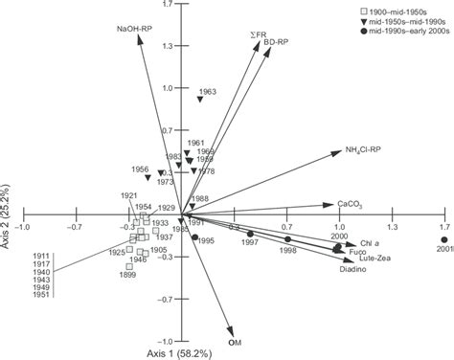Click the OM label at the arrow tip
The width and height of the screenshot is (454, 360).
point(233,342)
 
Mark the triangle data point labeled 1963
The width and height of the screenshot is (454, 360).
point(200,100)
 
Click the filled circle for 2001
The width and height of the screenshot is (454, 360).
point(443,238)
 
